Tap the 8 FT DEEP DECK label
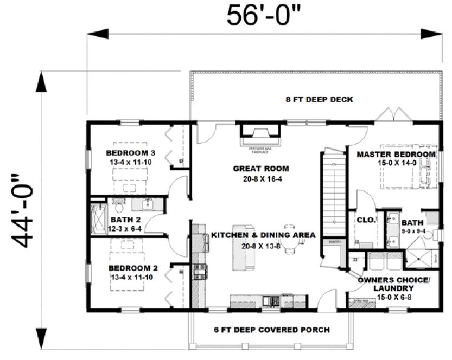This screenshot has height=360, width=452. [320, 100]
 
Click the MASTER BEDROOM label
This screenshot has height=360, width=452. [396, 155]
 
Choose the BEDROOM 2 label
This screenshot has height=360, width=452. [129, 268]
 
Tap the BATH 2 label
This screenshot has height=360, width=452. [126, 220]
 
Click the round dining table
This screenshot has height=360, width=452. [289, 245]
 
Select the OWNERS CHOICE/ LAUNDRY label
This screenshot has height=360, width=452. [395, 284]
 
